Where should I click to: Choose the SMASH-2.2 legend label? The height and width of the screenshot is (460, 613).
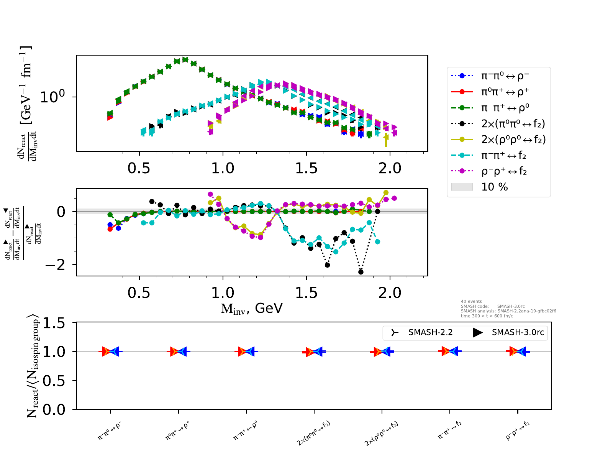click(430, 332)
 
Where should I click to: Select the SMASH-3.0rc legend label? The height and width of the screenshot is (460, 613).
click(518, 332)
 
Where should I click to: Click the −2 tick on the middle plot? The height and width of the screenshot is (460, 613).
click(55, 264)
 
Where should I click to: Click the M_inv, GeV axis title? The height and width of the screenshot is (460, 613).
click(252, 308)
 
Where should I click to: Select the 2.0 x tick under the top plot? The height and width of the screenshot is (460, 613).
click(390, 168)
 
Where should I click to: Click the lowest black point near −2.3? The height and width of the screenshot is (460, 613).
click(361, 272)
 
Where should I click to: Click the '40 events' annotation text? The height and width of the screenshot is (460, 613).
click(471, 301)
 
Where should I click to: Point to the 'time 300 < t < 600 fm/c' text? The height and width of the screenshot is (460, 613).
click(487, 316)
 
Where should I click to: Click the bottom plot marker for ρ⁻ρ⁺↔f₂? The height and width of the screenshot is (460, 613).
click(518, 351)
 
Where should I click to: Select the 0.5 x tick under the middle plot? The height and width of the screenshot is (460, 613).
click(139, 293)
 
